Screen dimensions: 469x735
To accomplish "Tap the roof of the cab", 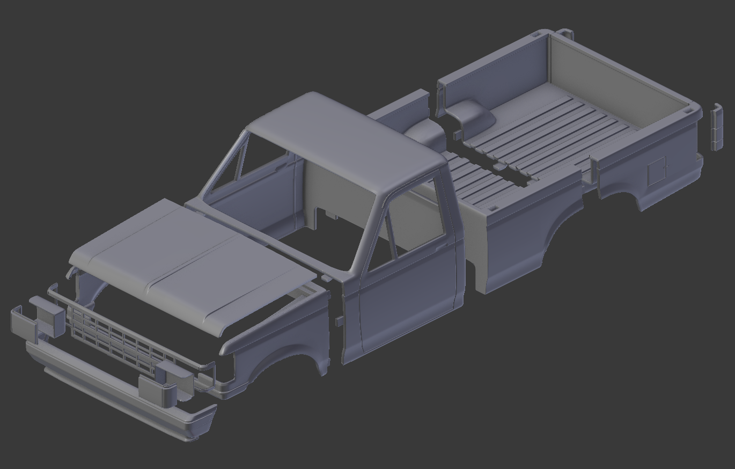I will click(343, 140).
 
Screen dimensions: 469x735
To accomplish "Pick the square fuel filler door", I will click(656, 171).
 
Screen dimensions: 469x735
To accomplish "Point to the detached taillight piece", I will click(716, 128).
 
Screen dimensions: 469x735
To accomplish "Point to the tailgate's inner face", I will click(617, 80).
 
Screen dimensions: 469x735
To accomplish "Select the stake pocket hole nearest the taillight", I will click(688, 111).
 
